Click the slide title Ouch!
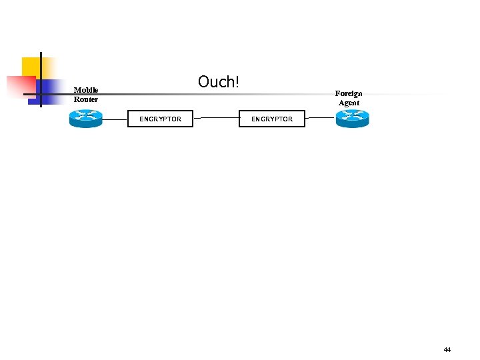click(218, 82)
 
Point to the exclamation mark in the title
click(236, 82)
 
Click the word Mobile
click(86, 90)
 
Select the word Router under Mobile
click(86, 99)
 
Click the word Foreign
click(349, 93)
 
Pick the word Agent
click(349, 103)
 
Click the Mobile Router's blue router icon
click(85, 119)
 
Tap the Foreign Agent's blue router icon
click(352, 119)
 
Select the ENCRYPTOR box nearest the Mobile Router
click(160, 119)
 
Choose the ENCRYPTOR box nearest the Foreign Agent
click(272, 119)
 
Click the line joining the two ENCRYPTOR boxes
click(216, 118)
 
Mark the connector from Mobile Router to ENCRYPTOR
click(115, 119)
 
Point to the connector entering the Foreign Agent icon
click(320, 118)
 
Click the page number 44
click(447, 349)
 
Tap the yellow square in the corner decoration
click(31, 66)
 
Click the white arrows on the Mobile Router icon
click(85, 115)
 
